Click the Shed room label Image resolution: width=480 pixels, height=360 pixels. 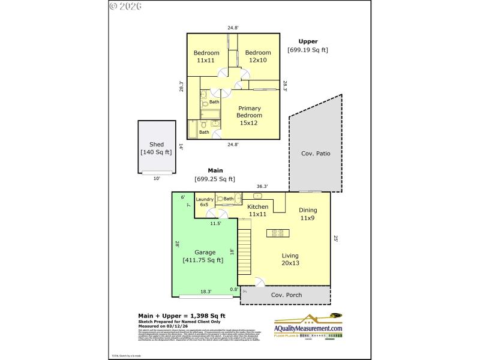pyautogui.click(x=156, y=145)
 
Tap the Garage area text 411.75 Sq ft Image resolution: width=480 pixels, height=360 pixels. pyautogui.click(x=203, y=260)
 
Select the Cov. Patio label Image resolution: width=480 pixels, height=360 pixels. pyautogui.click(x=316, y=153)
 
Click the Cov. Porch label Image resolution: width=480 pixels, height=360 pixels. pyautogui.click(x=286, y=295)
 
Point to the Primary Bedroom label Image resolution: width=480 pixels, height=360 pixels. pyautogui.click(x=249, y=115)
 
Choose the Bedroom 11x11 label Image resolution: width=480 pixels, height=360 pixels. pyautogui.click(x=206, y=56)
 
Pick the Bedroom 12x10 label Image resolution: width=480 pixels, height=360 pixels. pyautogui.click(x=258, y=56)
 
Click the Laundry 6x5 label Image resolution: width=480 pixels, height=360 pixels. pyautogui.click(x=205, y=202)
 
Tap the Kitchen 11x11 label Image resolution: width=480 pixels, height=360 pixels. pyautogui.click(x=258, y=211)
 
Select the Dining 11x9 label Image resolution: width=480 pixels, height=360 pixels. pyautogui.click(x=308, y=214)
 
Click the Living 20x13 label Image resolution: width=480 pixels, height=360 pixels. pyautogui.click(x=290, y=259)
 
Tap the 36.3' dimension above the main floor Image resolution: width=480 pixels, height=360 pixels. pyautogui.click(x=262, y=186)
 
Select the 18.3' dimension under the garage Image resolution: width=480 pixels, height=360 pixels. pyautogui.click(x=205, y=292)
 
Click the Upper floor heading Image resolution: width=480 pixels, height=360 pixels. pyautogui.click(x=308, y=41)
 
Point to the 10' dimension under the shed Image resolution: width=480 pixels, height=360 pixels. pyautogui.click(x=156, y=178)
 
